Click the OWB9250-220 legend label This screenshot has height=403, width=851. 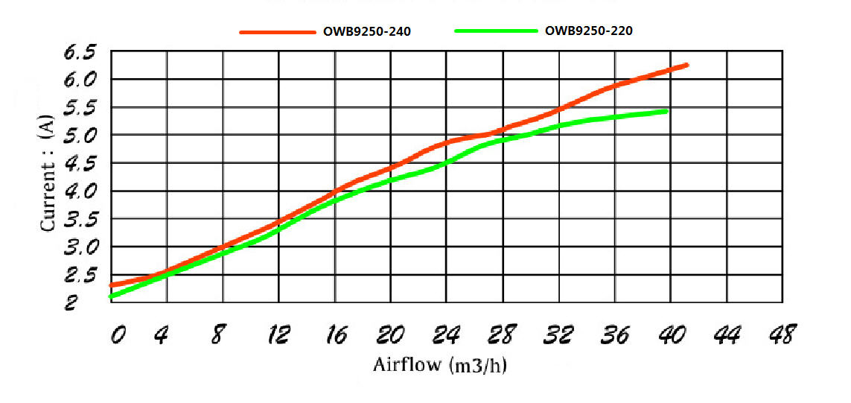pyautogui.click(x=589, y=31)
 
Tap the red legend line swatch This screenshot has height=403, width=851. pyautogui.click(x=277, y=32)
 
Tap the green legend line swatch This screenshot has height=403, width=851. pyautogui.click(x=495, y=31)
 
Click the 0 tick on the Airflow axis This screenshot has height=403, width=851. pyautogui.click(x=117, y=336)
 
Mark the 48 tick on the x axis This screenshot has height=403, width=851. pyautogui.click(x=780, y=335)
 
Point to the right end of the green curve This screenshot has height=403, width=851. pyautogui.click(x=667, y=111)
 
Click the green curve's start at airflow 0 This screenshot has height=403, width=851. pyautogui.click(x=111, y=296)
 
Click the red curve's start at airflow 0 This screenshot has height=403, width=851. pyautogui.click(x=111, y=285)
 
